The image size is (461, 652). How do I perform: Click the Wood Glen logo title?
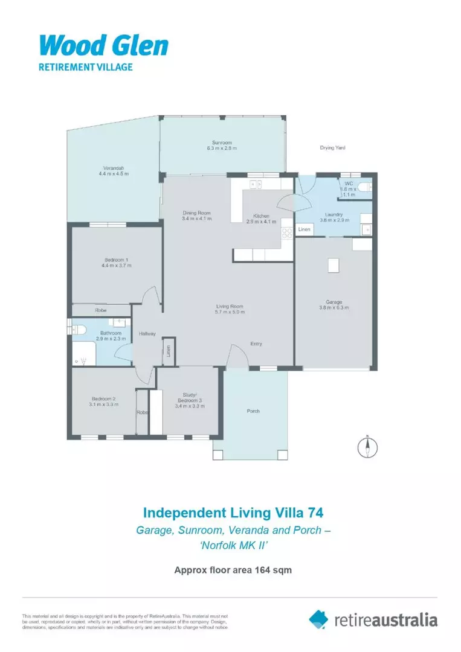click(x=103, y=45)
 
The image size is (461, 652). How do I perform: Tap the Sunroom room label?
click(x=222, y=142)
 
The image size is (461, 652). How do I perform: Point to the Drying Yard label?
click(x=332, y=147)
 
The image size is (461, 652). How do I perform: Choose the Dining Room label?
click(x=196, y=213)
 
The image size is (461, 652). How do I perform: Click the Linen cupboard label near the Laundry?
click(x=304, y=230)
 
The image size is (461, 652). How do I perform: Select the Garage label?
click(x=334, y=302)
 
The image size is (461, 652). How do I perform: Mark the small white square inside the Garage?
click(x=332, y=266)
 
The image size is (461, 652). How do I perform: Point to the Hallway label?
click(x=147, y=334)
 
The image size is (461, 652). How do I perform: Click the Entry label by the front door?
click(x=256, y=344)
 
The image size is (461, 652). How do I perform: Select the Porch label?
click(x=253, y=411)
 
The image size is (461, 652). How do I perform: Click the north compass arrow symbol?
click(x=367, y=446)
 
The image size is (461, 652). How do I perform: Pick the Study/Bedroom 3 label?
click(x=189, y=398)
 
